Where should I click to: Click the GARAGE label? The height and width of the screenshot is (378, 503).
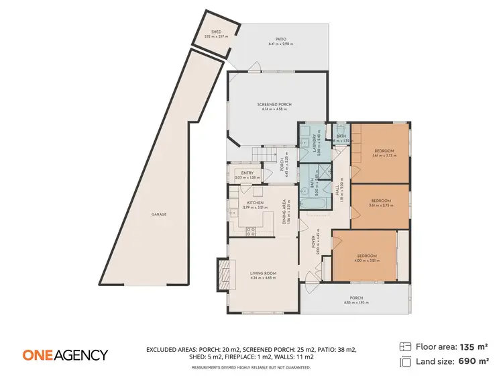(158, 214)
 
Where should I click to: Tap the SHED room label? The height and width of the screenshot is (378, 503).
(216, 32)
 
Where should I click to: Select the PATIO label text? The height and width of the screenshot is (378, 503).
(281, 39)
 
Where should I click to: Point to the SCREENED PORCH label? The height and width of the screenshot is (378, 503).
(274, 105)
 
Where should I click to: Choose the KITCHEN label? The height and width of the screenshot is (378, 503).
(255, 202)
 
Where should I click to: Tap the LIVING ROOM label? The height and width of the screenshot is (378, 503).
(264, 273)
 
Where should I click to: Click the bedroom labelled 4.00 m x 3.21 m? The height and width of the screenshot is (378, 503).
(366, 256)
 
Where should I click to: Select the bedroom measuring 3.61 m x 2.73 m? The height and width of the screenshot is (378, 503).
(380, 201)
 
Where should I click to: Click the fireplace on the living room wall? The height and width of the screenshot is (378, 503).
(221, 273)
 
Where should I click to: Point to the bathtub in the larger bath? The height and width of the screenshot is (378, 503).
(315, 201)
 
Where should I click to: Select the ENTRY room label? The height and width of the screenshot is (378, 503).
(246, 173)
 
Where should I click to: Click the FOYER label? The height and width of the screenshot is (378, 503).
(313, 241)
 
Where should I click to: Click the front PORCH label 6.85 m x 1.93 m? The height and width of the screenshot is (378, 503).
(356, 298)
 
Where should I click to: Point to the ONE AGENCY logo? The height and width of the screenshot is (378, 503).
(65, 355)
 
